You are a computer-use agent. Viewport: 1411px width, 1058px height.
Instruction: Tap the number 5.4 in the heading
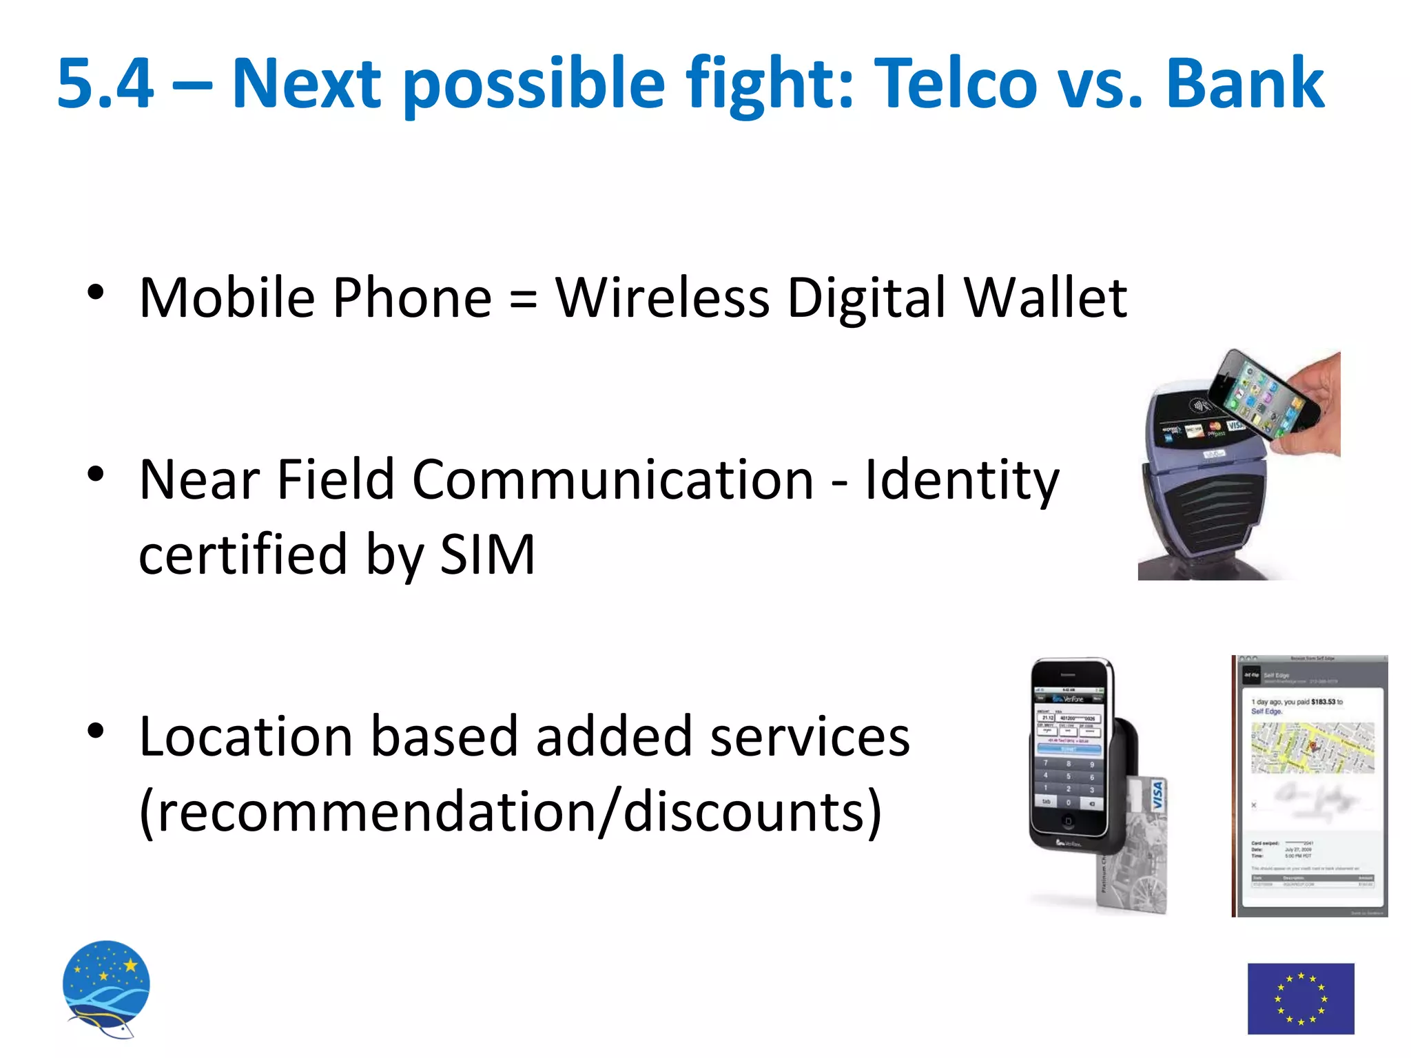click(105, 83)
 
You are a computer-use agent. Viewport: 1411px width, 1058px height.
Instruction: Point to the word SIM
click(487, 554)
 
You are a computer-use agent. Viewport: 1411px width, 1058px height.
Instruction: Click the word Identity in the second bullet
click(962, 480)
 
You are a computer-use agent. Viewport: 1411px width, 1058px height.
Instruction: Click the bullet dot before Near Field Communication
click(96, 474)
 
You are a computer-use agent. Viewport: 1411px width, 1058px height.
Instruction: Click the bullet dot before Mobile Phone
click(96, 292)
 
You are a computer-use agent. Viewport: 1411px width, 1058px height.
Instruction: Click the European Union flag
click(1300, 998)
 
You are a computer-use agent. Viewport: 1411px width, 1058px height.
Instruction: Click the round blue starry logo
click(106, 986)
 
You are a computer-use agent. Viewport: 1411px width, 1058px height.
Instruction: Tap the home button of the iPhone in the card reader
click(1068, 821)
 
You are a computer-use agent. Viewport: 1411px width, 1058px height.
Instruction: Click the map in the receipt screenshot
click(1312, 747)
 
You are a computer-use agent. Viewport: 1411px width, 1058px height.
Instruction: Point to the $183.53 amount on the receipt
click(1323, 702)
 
